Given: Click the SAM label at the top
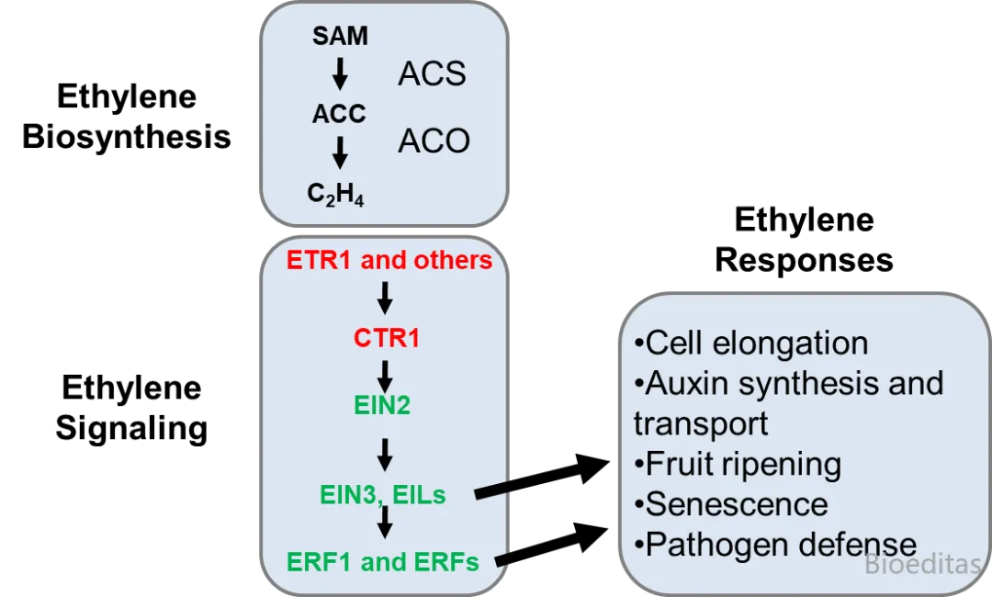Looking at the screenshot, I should click(x=340, y=36).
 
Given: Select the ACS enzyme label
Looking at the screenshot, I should click(x=432, y=74).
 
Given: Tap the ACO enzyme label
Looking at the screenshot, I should click(x=434, y=141).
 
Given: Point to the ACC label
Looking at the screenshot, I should click(x=339, y=114).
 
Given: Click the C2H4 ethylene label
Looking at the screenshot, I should click(x=335, y=193).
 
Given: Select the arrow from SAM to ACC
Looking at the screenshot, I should click(x=340, y=74).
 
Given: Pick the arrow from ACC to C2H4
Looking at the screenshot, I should click(x=340, y=152).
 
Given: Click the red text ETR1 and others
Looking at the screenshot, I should click(x=389, y=260).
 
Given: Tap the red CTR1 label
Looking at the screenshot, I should click(x=387, y=338).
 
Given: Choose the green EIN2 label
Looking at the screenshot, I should click(x=382, y=404).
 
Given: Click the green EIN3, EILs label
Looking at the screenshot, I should click(x=383, y=494).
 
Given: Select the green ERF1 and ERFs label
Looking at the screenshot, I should click(x=383, y=561).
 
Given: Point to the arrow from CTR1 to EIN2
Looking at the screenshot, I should click(x=386, y=375).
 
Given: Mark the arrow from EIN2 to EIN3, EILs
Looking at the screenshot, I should click(x=386, y=452).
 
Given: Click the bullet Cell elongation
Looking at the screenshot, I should click(x=751, y=343).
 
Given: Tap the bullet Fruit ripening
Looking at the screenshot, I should click(x=738, y=464).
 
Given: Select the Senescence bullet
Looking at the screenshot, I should click(x=731, y=503).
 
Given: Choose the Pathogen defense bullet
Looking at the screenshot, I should click(x=776, y=544).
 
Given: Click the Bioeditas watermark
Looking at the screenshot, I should click(x=922, y=564).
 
